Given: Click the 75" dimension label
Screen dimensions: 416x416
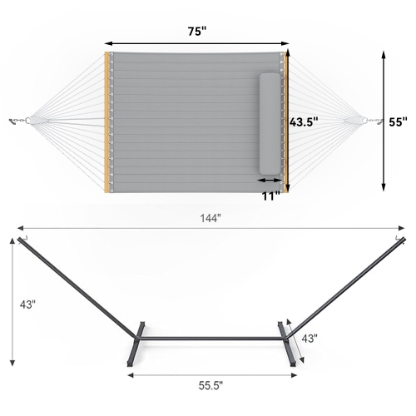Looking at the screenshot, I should coord(197,32).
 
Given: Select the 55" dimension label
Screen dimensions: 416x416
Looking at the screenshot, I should coord(398,121).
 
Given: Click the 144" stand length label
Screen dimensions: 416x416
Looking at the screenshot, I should coord(209,218).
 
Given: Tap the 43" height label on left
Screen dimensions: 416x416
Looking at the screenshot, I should coord(27,305).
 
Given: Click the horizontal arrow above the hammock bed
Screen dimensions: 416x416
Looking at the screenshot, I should coord(197,44).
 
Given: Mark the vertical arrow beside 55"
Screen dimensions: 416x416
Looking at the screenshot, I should coord(384,121).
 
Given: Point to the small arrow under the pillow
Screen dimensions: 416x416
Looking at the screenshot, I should coord(270,179).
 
